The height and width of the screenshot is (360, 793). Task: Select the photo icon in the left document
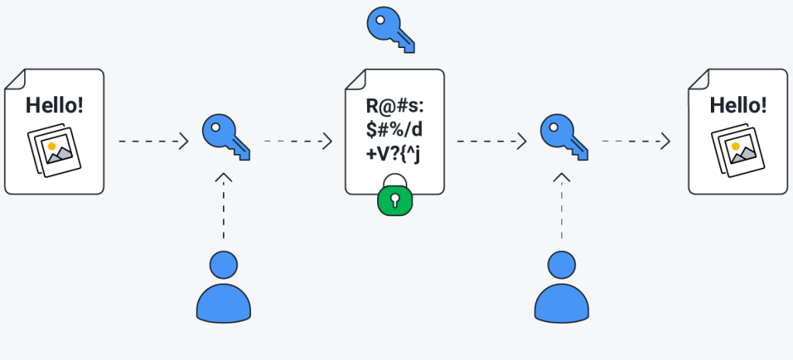54,150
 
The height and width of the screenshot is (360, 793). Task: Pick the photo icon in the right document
739,150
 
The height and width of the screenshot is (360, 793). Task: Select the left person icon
223,286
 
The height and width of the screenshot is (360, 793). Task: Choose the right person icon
561,286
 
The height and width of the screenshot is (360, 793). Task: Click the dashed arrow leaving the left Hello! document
153,142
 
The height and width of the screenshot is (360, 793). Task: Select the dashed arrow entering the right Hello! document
636,142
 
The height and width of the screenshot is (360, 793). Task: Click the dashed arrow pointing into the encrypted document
298,142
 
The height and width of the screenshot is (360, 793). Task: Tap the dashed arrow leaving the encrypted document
491,142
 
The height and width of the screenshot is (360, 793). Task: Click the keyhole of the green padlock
395,202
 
